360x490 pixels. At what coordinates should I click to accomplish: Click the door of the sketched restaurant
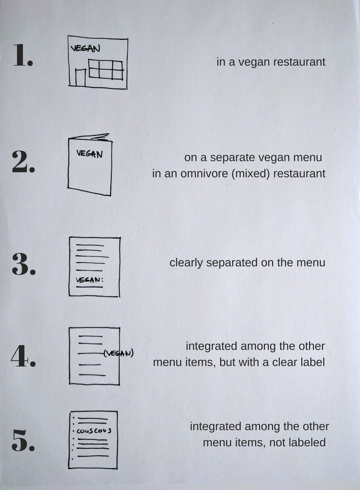click(x=80, y=77)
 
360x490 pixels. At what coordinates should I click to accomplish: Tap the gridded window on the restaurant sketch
click(x=106, y=70)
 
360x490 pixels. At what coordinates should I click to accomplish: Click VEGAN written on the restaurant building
click(x=85, y=48)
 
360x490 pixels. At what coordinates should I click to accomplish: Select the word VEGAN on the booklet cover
click(x=90, y=154)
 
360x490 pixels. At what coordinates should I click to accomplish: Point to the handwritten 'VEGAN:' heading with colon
click(x=90, y=280)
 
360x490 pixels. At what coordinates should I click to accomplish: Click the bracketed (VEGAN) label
click(x=119, y=353)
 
